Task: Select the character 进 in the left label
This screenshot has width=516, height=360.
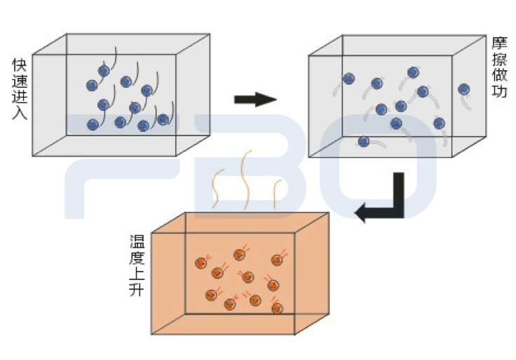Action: tap(19, 96)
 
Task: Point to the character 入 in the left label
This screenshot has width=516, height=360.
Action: tap(19, 112)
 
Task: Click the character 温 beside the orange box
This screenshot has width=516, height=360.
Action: tap(137, 241)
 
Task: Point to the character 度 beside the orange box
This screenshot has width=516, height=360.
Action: tap(137, 257)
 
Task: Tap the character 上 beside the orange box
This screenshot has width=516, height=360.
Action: tap(137, 273)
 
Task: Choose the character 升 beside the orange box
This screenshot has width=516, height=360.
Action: tap(137, 288)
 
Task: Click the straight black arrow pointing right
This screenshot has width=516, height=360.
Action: tap(255, 99)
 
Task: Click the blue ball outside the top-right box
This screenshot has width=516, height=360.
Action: tap(463, 89)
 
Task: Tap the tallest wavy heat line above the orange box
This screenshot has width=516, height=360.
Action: tap(246, 179)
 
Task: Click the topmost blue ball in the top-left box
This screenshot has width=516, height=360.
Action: tap(104, 71)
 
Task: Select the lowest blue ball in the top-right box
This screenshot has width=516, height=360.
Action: tap(363, 141)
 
